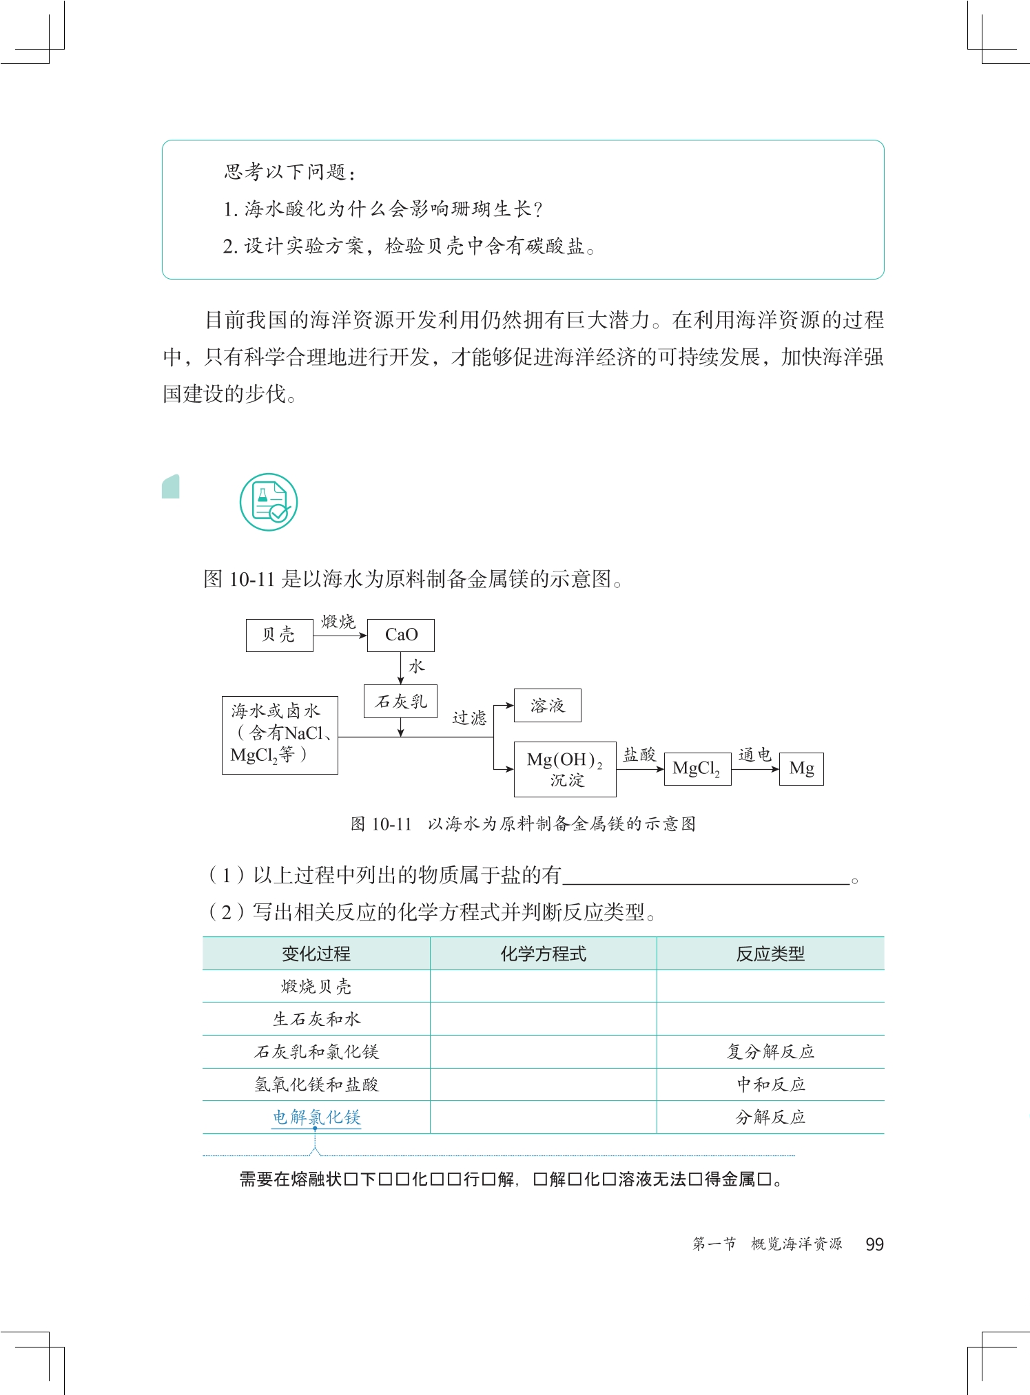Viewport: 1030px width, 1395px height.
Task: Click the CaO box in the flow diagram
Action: coord(400,635)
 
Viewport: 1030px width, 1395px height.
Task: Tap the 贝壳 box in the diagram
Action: coord(279,635)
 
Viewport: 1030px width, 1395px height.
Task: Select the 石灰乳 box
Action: coord(400,701)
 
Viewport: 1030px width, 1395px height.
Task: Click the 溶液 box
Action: coord(547,705)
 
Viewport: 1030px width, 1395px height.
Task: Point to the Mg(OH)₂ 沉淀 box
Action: coord(565,769)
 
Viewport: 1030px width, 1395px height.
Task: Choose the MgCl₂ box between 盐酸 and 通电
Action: coord(697,768)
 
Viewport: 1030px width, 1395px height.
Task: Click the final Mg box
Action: coord(801,768)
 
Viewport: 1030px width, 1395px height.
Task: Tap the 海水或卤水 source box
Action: coord(280,735)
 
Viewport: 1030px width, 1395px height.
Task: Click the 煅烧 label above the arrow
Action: coord(338,622)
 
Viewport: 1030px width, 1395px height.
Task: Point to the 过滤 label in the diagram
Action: coord(469,718)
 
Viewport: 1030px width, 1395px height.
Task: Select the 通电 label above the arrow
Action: coord(754,755)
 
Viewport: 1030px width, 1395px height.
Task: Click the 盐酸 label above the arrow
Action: coord(639,755)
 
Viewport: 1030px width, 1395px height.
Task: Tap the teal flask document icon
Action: coord(269,502)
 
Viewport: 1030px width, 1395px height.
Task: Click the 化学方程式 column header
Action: coord(543,954)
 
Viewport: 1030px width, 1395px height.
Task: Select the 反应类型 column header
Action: coord(770,954)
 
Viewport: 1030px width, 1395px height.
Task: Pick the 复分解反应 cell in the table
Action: coord(770,1051)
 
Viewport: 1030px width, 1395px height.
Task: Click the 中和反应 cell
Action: coord(770,1084)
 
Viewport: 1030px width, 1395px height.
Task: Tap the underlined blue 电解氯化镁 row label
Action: coord(316,1117)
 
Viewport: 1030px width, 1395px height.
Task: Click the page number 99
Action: coord(874,1244)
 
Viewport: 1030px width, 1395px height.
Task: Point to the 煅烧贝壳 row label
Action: coord(316,987)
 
